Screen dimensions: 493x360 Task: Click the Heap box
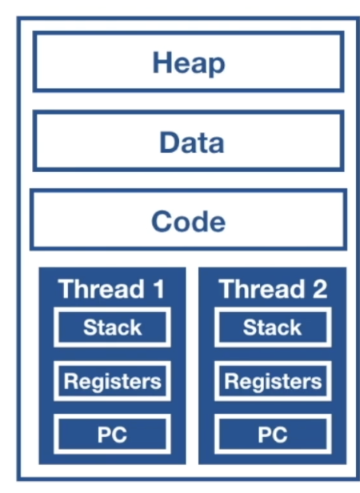(x=188, y=62)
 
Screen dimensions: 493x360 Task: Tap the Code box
(x=188, y=219)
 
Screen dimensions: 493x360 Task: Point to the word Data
(x=190, y=142)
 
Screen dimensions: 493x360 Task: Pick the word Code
(x=189, y=221)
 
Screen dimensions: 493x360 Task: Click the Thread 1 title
(x=112, y=289)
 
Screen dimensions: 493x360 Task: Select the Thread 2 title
(x=273, y=289)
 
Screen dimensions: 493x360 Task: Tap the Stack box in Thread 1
(x=112, y=327)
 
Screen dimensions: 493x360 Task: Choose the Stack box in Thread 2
(x=272, y=327)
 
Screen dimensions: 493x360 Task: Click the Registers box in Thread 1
(x=112, y=381)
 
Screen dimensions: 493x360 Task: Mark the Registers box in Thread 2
(x=272, y=381)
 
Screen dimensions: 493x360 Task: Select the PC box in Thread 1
(x=112, y=435)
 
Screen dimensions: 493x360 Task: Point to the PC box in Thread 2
(x=272, y=435)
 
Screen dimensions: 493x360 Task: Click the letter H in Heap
(x=162, y=62)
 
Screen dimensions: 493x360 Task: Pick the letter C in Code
(x=162, y=221)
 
